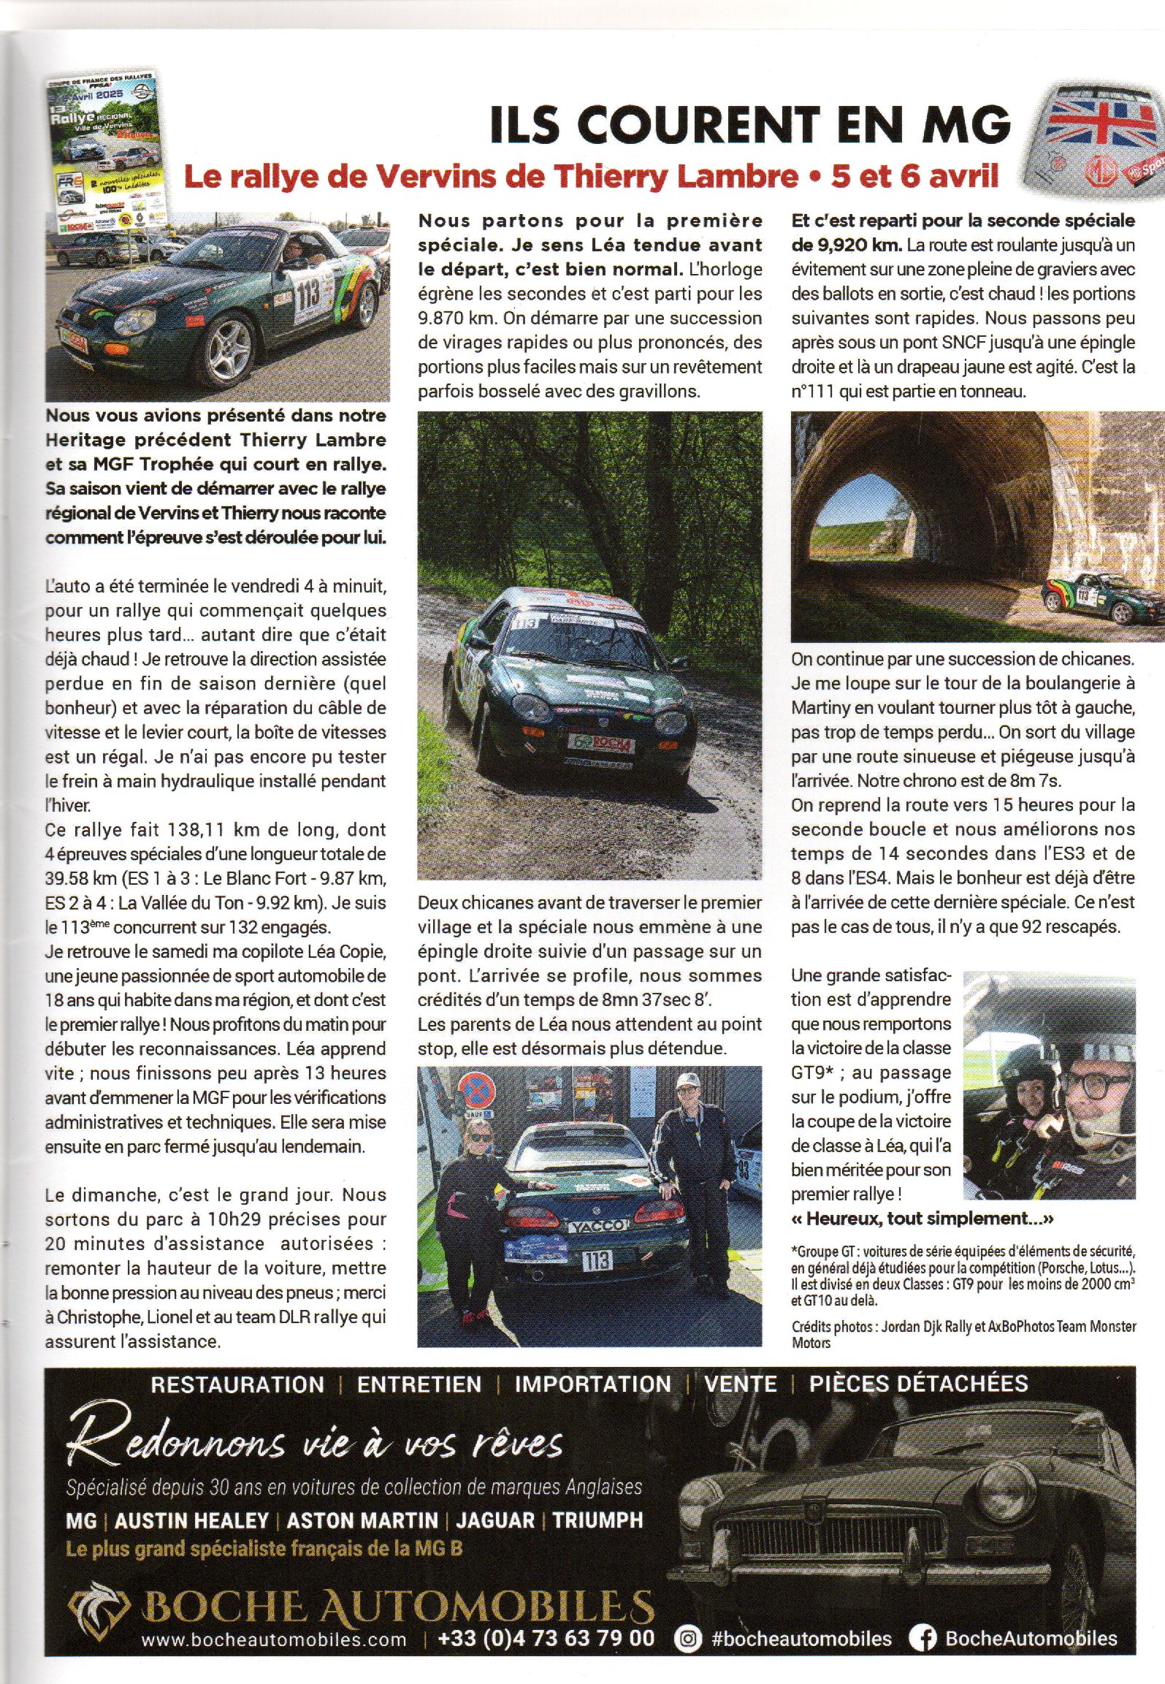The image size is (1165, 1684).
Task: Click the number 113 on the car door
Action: pos(308,294)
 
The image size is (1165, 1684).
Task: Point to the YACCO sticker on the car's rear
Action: pos(597,1225)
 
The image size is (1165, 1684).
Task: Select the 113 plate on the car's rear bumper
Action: pos(597,1260)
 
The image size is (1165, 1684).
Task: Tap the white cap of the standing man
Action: pos(687,1082)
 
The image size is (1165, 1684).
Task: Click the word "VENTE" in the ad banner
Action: pos(740,1384)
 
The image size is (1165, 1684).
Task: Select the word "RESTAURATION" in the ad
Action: pos(237,1384)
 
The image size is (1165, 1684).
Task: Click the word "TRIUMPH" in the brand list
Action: pos(597,1521)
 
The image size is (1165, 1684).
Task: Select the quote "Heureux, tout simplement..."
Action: pos(923,1219)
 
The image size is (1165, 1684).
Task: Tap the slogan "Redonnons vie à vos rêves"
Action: pos(314,1444)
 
